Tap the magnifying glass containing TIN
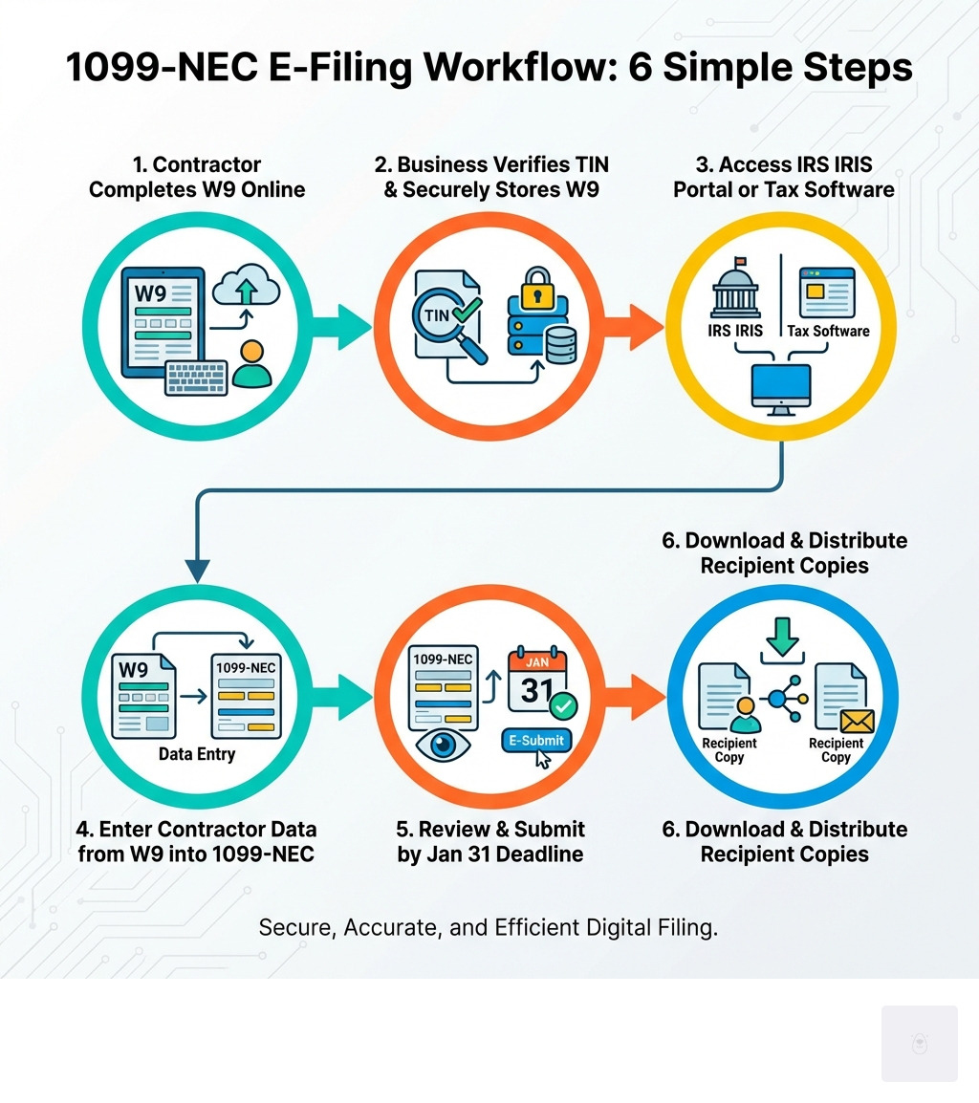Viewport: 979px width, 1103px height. tap(440, 316)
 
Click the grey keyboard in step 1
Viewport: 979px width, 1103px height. tap(196, 377)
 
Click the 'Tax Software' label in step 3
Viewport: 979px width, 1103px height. tap(828, 331)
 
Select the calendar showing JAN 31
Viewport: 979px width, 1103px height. tap(537, 681)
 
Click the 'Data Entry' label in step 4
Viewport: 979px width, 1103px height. tap(197, 754)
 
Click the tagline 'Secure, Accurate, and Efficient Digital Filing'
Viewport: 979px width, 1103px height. tap(489, 927)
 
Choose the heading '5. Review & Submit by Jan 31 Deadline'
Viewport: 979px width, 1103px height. tap(490, 841)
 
